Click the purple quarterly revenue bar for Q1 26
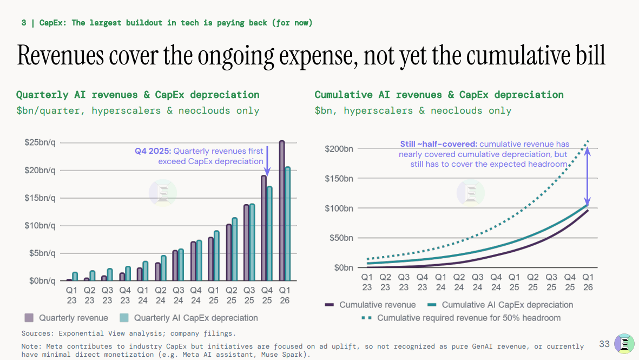281,211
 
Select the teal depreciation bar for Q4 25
269,234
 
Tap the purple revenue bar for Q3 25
246,243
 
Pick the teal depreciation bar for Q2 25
234,249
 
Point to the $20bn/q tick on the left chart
40,171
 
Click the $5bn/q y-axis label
42,253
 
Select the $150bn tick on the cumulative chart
339,179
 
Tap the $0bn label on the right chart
344,268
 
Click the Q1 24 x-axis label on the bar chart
143,296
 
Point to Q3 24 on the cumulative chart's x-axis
478,282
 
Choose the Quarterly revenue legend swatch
29,318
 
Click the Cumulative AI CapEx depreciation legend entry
500,305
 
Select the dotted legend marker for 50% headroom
366,318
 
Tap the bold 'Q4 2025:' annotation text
153,151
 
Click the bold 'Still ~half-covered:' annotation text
438,145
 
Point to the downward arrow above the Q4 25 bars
267,161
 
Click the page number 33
604,344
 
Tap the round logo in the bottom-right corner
624,344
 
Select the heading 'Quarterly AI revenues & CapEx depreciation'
138,95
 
